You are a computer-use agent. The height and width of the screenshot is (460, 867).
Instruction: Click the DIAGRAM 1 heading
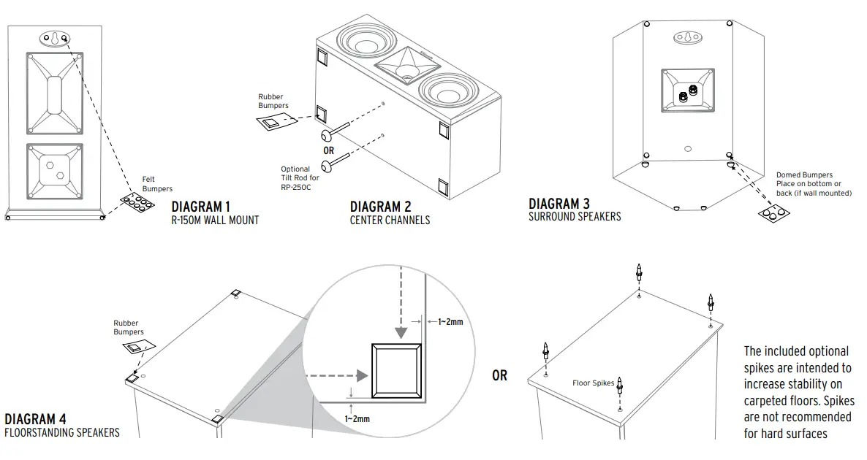201,206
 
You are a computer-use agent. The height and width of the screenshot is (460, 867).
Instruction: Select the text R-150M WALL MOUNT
215,220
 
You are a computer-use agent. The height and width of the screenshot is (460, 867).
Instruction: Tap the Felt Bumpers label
157,184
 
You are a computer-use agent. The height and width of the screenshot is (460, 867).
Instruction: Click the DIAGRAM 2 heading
386,207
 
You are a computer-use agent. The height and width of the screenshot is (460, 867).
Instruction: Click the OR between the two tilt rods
329,150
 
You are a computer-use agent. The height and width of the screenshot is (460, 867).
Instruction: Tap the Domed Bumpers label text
804,175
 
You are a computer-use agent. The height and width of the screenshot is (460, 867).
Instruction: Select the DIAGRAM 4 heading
35,419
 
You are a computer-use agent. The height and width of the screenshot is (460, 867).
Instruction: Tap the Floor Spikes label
593,383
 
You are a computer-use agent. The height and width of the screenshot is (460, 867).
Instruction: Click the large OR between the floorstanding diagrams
499,375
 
